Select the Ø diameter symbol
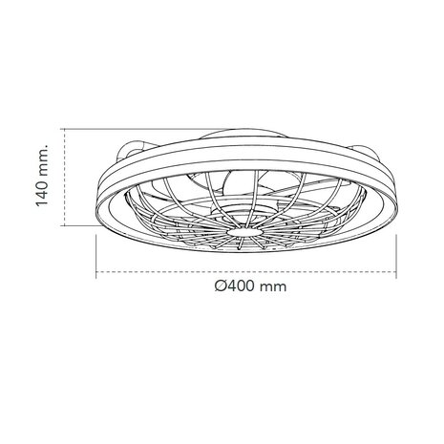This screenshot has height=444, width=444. coord(222,285)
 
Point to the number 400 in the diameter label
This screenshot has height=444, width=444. coord(244,285)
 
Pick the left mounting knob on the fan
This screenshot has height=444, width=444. coord(133,151)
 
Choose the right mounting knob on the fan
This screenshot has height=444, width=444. coord(366,151)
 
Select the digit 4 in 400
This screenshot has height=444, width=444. coord(233,285)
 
